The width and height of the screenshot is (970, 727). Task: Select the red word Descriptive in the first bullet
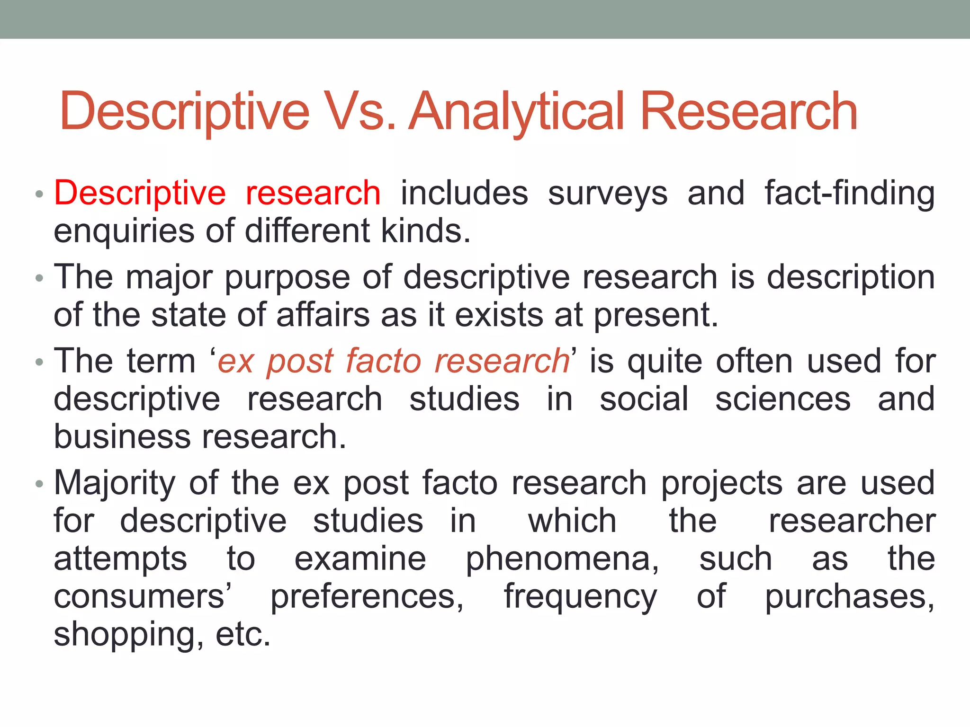140,194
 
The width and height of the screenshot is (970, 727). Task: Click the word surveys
608,194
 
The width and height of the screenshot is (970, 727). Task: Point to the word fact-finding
850,194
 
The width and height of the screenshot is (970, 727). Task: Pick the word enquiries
124,231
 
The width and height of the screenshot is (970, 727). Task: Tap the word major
169,277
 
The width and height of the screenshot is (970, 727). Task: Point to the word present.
656,315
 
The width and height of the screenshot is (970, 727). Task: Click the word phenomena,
562,559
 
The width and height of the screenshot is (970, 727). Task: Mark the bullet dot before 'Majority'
39,484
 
